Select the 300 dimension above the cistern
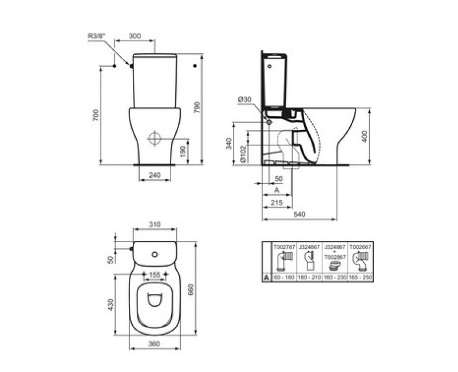tap(135, 36)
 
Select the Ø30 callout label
tap(244, 100)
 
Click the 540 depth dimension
tap(298, 213)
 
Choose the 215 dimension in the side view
tap(277, 203)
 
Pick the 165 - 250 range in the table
tap(361, 277)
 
